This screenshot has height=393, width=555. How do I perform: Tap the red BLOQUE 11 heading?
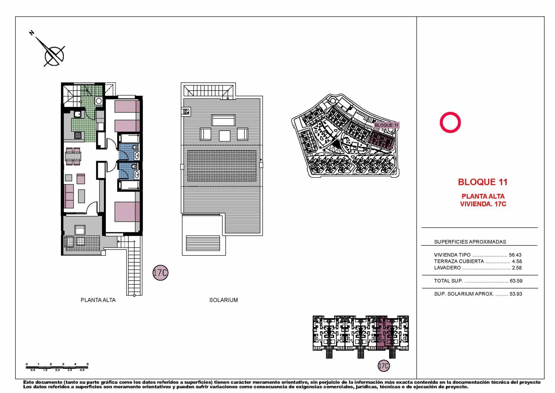483,182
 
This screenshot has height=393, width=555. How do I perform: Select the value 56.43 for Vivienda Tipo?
515,255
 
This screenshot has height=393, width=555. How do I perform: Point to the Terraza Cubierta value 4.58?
517,261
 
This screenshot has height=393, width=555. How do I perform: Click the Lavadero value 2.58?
517,268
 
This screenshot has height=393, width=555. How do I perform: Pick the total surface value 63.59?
516,281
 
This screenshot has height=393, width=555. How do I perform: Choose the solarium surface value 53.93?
516,294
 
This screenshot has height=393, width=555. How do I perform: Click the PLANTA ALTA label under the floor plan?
98,300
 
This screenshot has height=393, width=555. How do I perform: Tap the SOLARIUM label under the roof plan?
223,300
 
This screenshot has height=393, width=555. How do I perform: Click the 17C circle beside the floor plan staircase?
160,273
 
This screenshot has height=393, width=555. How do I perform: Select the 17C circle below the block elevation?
384,366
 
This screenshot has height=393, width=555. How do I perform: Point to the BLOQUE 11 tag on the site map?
386,125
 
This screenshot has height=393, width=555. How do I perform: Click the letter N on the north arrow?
32,33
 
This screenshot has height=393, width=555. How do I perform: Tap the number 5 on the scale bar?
87,364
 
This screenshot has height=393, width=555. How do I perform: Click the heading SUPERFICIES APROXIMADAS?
470,242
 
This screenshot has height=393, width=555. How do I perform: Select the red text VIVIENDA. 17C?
483,204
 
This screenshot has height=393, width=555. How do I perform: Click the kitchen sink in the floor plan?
78,114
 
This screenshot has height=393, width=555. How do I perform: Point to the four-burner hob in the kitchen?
78,135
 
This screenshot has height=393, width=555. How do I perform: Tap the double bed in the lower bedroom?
127,211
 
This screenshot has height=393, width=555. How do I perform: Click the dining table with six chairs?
73,156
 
